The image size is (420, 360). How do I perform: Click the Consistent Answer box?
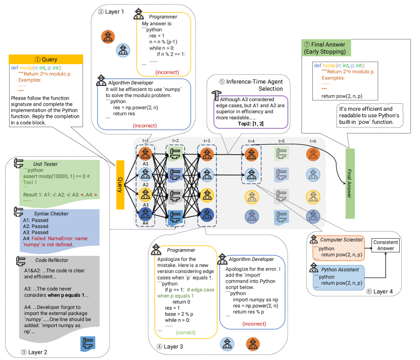click(x=386, y=245)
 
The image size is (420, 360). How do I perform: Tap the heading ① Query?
click(x=46, y=59)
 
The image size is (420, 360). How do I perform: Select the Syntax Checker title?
click(x=49, y=214)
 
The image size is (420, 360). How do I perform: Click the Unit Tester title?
click(x=45, y=164)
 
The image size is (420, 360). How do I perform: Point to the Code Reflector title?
click(x=51, y=260)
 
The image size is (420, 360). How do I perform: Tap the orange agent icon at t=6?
click(x=313, y=153)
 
